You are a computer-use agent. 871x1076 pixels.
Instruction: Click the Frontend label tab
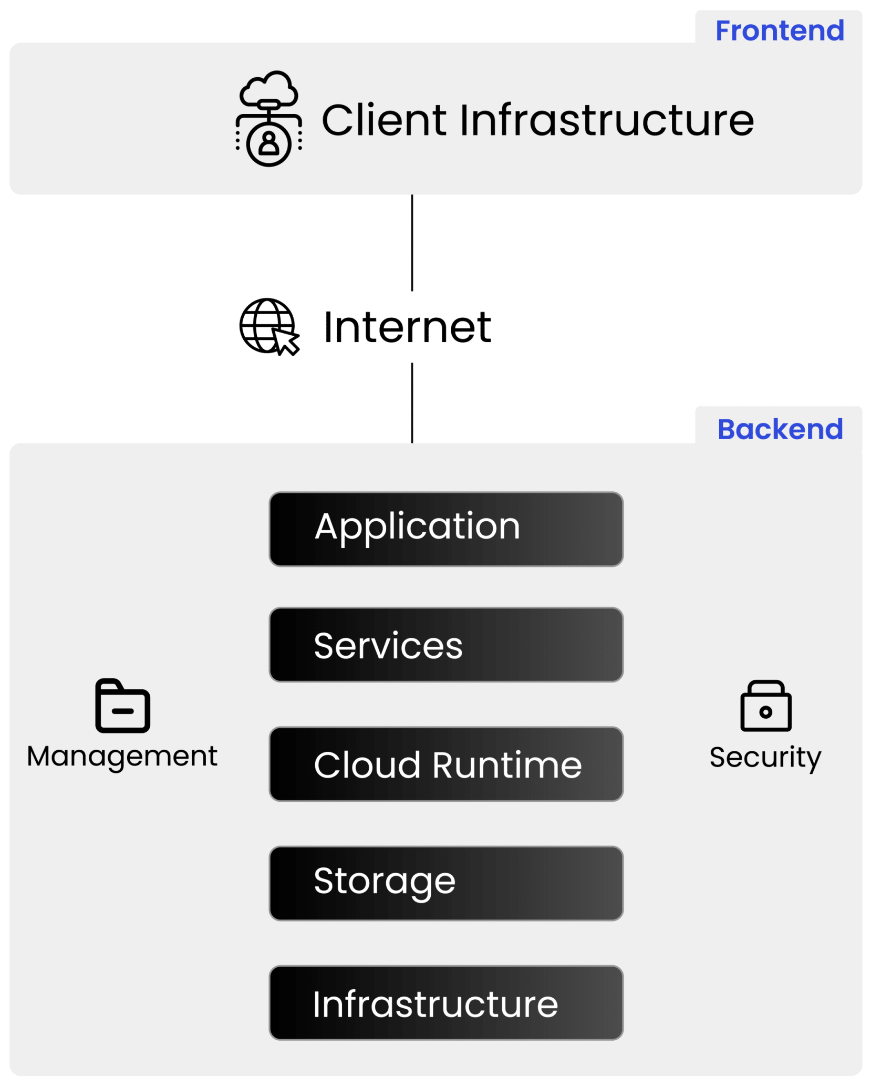tap(780, 30)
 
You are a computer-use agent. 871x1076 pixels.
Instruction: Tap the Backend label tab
tap(780, 429)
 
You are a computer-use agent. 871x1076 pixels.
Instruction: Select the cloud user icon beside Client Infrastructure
tap(268, 119)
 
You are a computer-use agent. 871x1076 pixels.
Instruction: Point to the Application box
tap(446, 529)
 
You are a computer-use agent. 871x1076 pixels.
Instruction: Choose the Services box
tap(446, 645)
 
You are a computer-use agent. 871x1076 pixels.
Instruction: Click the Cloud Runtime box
tap(446, 764)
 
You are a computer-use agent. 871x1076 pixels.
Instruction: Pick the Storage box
tap(446, 883)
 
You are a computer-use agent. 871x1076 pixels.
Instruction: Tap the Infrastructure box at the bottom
tap(446, 1002)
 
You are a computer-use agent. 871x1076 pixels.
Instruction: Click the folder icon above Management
tap(122, 706)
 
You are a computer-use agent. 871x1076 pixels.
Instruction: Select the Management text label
tap(122, 757)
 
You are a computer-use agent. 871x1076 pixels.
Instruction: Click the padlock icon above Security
tap(765, 706)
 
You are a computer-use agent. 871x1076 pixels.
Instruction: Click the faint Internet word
tap(408, 327)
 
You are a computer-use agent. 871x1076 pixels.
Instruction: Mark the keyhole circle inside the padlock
tap(765, 712)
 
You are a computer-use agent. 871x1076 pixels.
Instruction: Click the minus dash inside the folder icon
tap(122, 711)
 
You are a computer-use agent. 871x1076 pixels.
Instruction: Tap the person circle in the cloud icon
tap(269, 143)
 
